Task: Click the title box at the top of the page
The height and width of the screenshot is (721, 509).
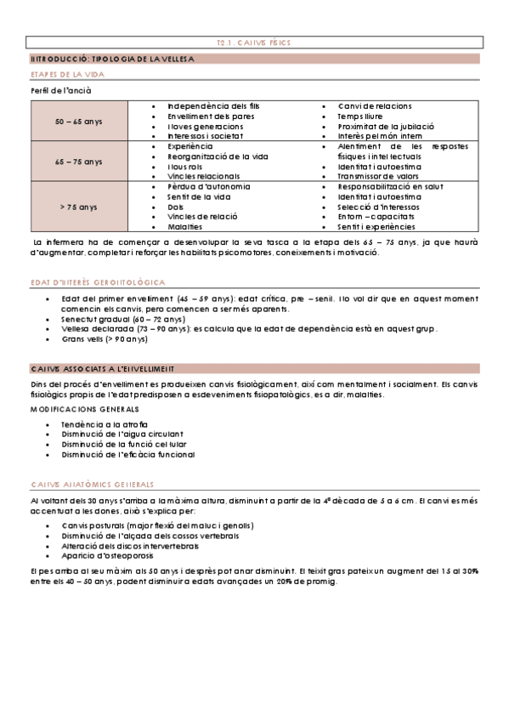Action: [x=254, y=42]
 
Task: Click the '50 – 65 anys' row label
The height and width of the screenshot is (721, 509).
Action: [x=78, y=122]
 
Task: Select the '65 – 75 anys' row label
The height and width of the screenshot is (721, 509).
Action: [x=78, y=162]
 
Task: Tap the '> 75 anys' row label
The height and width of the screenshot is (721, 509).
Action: [x=78, y=207]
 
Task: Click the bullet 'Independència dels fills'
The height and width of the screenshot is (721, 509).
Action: [x=213, y=105]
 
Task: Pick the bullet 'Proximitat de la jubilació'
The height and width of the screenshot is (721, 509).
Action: [x=380, y=126]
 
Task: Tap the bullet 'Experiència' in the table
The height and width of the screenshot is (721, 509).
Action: [x=190, y=146]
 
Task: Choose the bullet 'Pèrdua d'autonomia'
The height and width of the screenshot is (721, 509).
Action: [x=208, y=186]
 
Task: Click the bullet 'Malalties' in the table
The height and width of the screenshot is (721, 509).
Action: [x=185, y=227]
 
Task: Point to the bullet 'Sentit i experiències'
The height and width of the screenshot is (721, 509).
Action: [x=376, y=227]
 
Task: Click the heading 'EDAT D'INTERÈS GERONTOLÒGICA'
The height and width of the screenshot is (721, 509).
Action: [x=97, y=282]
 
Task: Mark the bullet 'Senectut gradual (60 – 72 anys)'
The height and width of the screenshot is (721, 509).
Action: [x=123, y=319]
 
